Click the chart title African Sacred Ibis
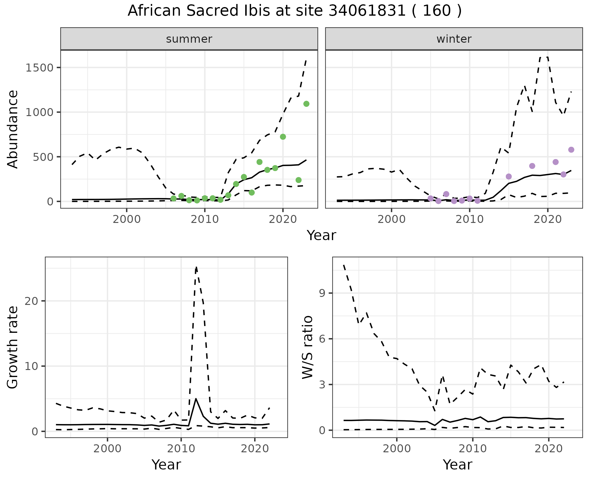tap(294, 11)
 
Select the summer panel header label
tap(189, 39)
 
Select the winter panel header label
tap(454, 39)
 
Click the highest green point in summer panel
tap(306, 104)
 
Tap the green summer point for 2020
tap(283, 137)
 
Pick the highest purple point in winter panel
tap(571, 150)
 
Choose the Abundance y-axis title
tap(13, 129)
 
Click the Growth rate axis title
tap(13, 348)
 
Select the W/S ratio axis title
tap(307, 347)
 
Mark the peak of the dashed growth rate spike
tap(196, 267)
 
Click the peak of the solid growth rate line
tap(196, 399)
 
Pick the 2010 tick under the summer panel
tap(205, 220)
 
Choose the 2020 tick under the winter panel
tap(547, 220)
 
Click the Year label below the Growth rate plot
tap(166, 465)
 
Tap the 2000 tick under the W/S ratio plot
tap(397, 449)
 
